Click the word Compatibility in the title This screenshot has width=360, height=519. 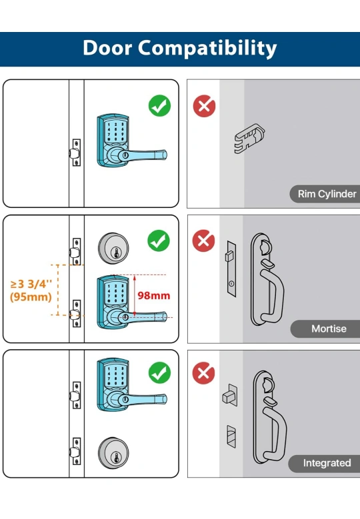click(207, 49)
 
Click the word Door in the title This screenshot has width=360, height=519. click(107, 48)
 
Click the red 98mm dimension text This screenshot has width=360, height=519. click(154, 296)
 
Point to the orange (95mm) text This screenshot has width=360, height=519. click(31, 297)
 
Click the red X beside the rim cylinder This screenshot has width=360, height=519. click(205, 106)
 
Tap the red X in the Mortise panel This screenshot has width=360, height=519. click(203, 241)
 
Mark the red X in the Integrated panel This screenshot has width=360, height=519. click(203, 373)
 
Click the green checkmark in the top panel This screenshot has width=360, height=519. click(159, 105)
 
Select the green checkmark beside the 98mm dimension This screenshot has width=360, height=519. click(159, 241)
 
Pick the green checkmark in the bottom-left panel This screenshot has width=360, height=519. click(159, 372)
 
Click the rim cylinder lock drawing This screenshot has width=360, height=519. click(250, 138)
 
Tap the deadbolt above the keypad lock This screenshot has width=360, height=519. click(113, 249)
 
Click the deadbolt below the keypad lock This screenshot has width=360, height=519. click(113, 453)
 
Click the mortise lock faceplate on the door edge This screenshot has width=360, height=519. click(231, 268)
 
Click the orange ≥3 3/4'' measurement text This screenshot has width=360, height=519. click(31, 284)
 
